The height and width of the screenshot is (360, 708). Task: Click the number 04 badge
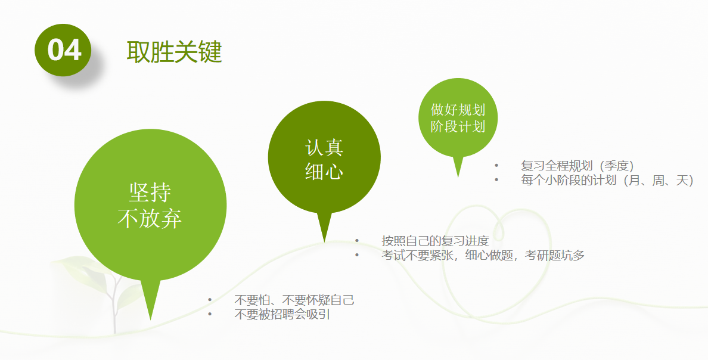[x=63, y=49]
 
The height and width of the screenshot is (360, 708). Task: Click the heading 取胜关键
[x=174, y=52]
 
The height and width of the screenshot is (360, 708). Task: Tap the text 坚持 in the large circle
[x=150, y=193]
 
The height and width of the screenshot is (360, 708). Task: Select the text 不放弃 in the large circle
[x=150, y=218]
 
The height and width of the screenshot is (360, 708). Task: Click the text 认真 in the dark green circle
[x=324, y=148]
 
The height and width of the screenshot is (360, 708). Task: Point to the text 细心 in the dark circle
[x=324, y=172]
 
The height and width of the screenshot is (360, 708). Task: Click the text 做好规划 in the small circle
[x=458, y=109]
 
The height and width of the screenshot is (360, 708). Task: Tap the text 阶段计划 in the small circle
[x=458, y=126]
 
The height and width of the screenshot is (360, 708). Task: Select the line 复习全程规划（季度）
[x=577, y=166]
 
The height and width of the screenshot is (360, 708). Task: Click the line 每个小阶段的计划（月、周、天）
[x=607, y=180]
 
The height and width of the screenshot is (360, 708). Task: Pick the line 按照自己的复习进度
[x=435, y=240]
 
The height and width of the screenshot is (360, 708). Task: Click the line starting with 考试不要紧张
[x=483, y=255]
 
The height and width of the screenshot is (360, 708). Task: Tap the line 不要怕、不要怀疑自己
[x=294, y=300]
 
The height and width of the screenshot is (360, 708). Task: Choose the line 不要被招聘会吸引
[x=282, y=314]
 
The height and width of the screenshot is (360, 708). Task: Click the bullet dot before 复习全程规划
[x=496, y=166]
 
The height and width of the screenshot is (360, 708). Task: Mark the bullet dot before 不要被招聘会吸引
[x=210, y=314]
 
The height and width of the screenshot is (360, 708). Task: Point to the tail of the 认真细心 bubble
[x=324, y=242]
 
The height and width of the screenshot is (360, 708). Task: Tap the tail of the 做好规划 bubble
[x=458, y=177]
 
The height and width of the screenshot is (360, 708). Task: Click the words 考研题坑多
[x=555, y=255]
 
